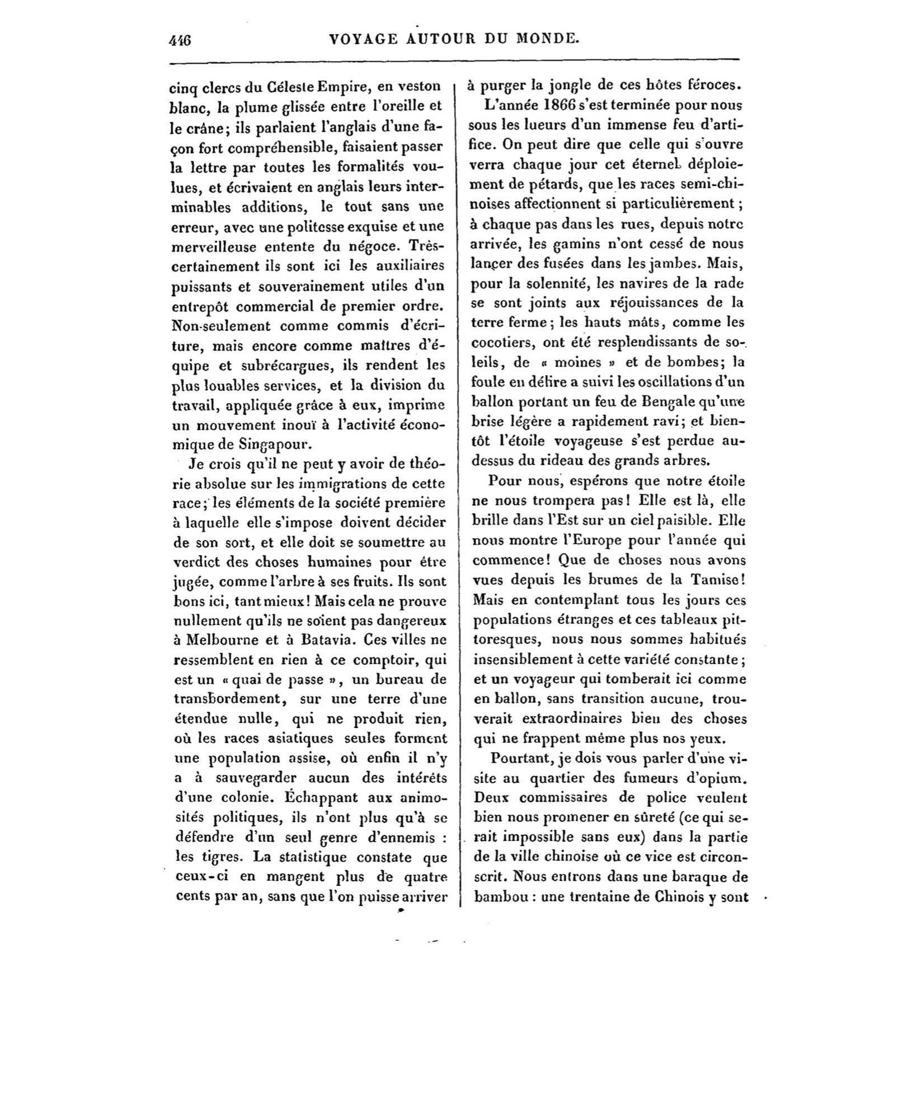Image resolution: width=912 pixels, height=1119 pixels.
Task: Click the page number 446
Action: point(180,40)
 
